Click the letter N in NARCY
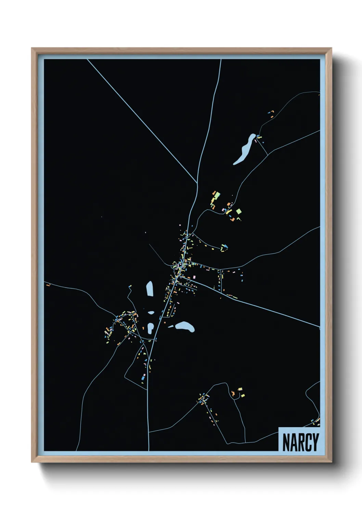click(x=286, y=442)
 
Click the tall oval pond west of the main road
click(x=150, y=288)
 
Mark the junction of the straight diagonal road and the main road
click(x=197, y=184)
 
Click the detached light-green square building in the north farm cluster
click(x=239, y=211)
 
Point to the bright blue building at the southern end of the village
click(x=143, y=379)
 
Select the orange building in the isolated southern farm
click(x=240, y=389)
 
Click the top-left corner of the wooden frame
click(x=32, y=49)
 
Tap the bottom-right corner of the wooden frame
click(x=331, y=461)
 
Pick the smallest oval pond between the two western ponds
click(x=151, y=312)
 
